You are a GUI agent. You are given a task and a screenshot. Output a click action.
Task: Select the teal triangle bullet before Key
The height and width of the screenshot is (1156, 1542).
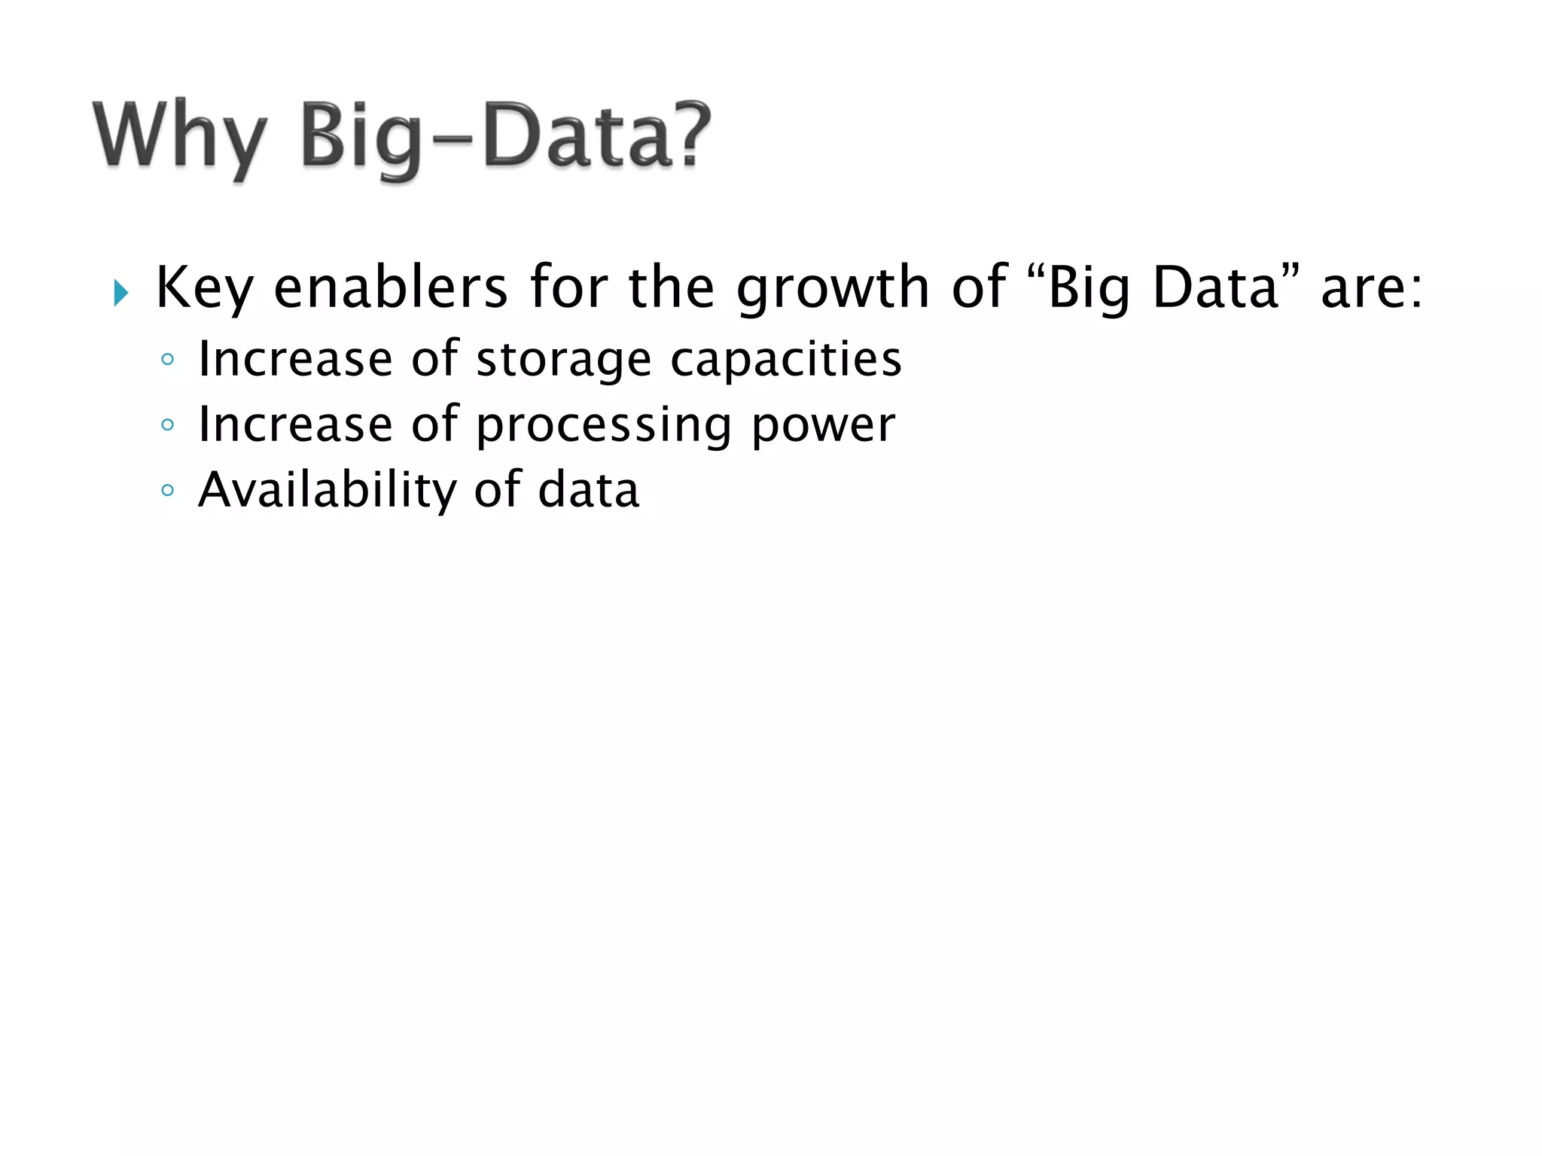pyautogui.click(x=121, y=292)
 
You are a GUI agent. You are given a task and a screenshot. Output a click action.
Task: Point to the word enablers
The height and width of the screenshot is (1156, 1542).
pyautogui.click(x=391, y=287)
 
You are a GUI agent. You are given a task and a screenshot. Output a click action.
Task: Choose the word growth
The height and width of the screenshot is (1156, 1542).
pyautogui.click(x=833, y=289)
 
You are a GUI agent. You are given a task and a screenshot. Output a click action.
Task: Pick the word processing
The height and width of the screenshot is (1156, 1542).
pyautogui.click(x=604, y=426)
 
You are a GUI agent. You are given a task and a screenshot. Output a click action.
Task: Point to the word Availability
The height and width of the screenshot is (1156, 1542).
pyautogui.click(x=327, y=491)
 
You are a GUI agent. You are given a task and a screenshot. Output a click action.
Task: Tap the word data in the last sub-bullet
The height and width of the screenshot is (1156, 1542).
pyautogui.click(x=588, y=491)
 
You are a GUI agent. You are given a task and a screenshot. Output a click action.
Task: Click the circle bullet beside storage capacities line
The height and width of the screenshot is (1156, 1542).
pyautogui.click(x=168, y=360)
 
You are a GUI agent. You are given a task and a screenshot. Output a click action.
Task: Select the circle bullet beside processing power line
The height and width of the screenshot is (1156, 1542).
pyautogui.click(x=168, y=425)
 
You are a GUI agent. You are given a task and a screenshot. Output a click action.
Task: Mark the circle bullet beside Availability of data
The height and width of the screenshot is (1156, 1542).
pyautogui.click(x=168, y=491)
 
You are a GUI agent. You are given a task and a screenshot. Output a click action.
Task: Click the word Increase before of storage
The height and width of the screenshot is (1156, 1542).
pyautogui.click(x=294, y=359)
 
